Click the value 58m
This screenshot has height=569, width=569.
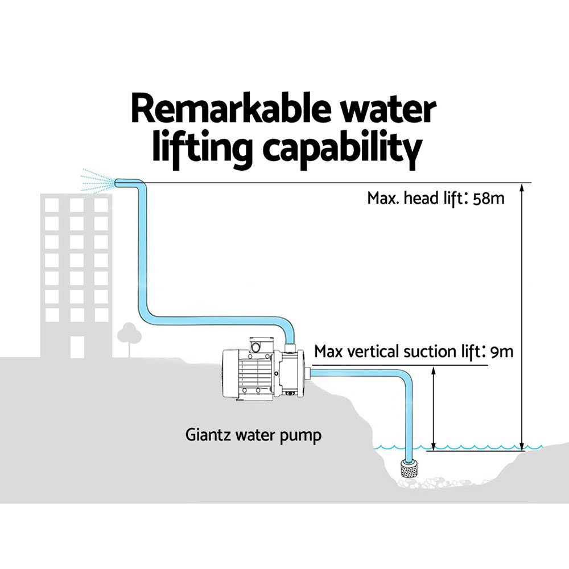pos(489,199)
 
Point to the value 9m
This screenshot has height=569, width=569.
pos(501,352)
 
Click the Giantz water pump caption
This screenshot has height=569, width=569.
pos(253,435)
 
